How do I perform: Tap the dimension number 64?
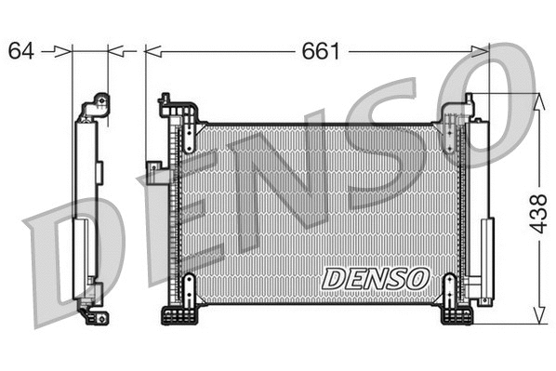[21, 50]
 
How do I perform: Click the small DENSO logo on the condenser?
[375, 277]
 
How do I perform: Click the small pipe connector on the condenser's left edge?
[152, 167]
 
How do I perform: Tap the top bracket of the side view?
[96, 106]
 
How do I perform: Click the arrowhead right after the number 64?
[65, 51]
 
